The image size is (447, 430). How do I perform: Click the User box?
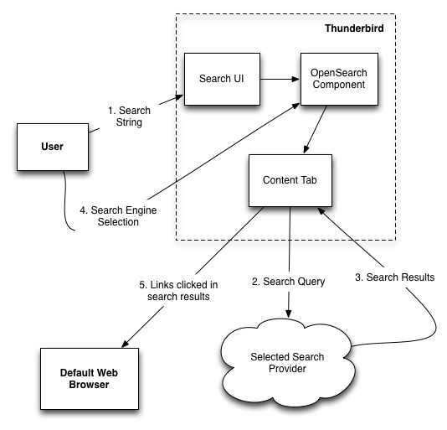[x=53, y=147]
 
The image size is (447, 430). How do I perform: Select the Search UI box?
[x=222, y=79]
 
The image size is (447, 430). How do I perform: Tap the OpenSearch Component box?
[x=339, y=79]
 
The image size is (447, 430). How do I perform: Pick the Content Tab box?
[x=290, y=180]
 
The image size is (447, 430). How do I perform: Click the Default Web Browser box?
[x=90, y=379]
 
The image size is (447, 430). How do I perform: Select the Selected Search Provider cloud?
[x=288, y=363]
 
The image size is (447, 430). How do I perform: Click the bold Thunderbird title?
[x=354, y=28]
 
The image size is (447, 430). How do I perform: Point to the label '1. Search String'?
[x=129, y=117]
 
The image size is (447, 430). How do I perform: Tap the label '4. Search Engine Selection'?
[x=118, y=216]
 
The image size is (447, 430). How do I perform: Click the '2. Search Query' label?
[x=288, y=282]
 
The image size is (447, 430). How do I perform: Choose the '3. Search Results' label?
[x=395, y=277]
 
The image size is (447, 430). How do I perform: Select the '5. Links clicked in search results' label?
[x=178, y=291]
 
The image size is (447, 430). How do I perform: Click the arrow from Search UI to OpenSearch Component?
[x=280, y=79]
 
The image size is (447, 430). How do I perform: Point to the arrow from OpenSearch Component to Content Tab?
[x=316, y=129]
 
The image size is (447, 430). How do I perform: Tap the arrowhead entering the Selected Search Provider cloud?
[x=289, y=313]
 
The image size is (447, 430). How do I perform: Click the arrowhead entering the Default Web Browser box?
[x=126, y=344]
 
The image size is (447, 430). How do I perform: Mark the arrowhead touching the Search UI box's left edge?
[x=180, y=97]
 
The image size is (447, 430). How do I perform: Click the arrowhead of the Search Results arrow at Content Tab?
[x=321, y=211]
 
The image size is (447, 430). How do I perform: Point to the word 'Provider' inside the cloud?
[x=287, y=369]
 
